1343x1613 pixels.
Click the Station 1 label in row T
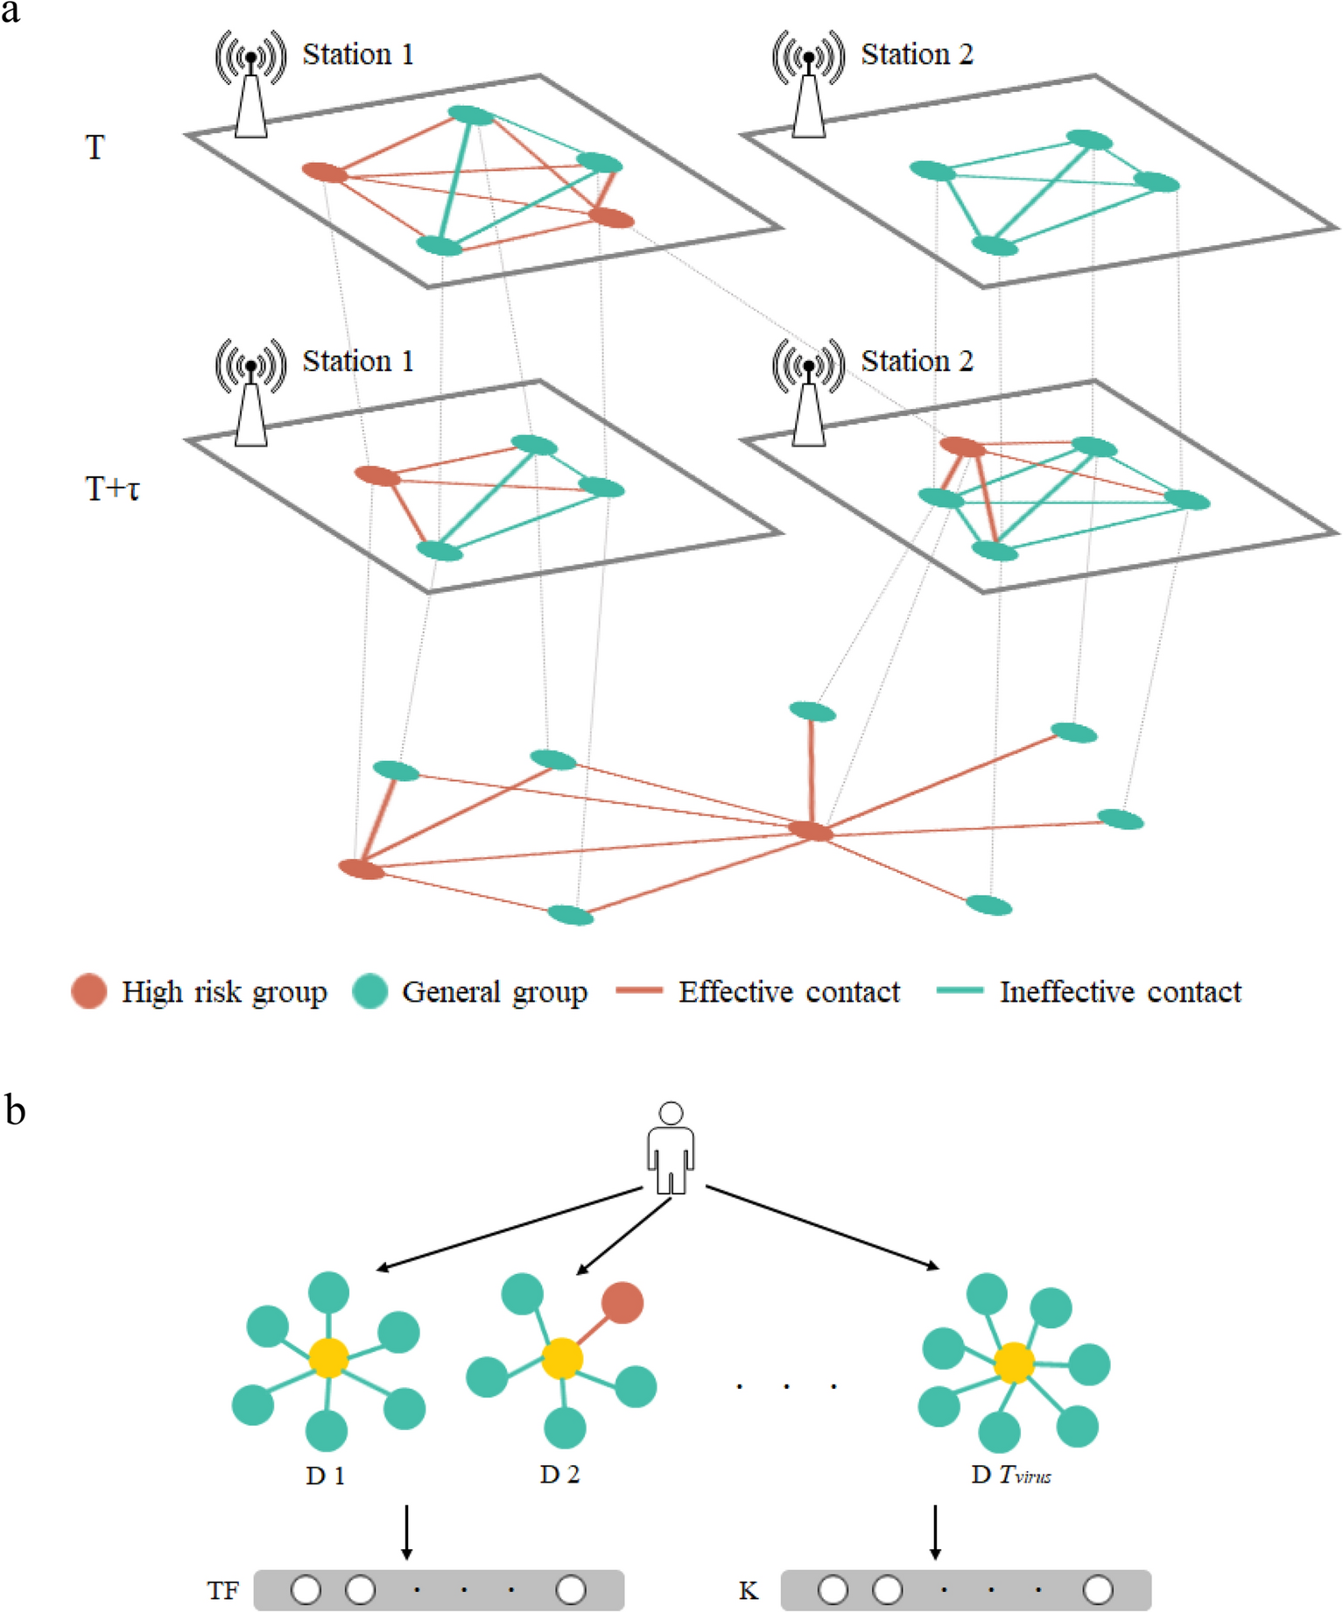coord(357,54)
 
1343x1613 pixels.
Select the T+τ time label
coord(112,489)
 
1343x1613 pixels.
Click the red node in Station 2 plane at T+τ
coord(962,447)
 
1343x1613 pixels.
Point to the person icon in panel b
coord(671,1148)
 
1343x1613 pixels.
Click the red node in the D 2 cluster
coord(622,1302)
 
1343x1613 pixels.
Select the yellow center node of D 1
coord(328,1357)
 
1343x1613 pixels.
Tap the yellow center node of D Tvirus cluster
coord(1014,1363)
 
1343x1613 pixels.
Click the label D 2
coord(559,1475)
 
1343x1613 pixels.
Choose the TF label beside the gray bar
coord(222,1590)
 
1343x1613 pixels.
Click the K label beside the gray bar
coord(748,1590)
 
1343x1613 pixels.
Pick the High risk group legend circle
coord(88,991)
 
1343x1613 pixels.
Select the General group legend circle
coord(369,991)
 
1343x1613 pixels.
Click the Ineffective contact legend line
coord(960,990)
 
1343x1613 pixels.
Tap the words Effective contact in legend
coord(789,991)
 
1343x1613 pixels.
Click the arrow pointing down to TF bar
coord(406,1532)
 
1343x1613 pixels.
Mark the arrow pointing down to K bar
coord(935,1532)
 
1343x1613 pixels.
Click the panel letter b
coord(15,1110)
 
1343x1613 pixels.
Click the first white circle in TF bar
coord(306,1589)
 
